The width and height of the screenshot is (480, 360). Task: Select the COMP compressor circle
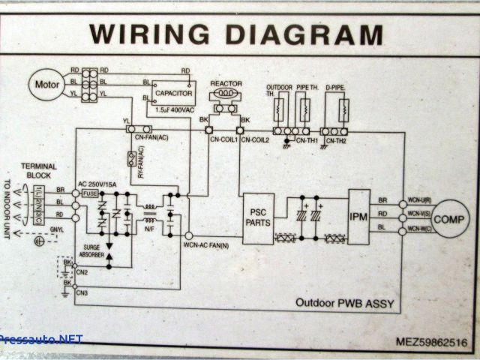coord(450,219)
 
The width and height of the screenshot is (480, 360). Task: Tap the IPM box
coord(359,217)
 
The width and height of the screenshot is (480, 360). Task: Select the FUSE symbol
coord(91,193)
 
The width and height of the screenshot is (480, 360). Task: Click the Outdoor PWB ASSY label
coord(344,304)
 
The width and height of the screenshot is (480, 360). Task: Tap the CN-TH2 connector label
coord(335,140)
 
